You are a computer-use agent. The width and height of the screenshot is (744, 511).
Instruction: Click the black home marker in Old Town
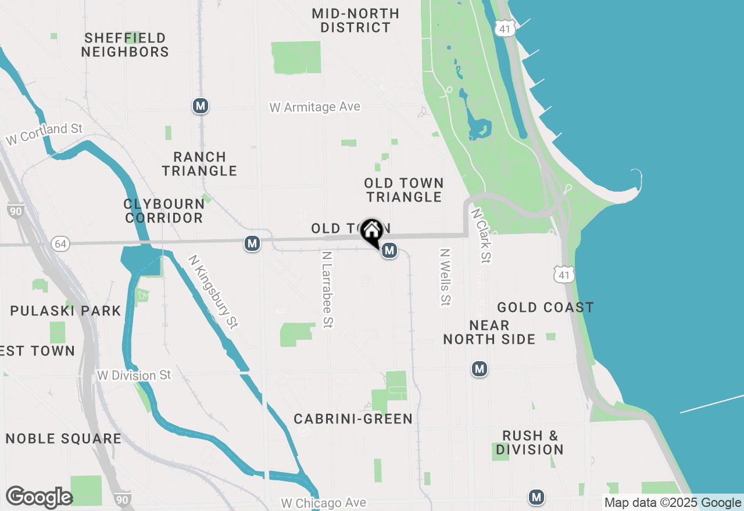tap(371, 232)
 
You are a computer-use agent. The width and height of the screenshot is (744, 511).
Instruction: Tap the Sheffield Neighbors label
tap(125, 45)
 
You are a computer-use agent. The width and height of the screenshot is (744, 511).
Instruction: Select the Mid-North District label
tap(356, 20)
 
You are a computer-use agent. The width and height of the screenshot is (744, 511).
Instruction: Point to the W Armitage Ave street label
tap(314, 107)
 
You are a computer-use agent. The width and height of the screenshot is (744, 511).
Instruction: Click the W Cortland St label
tap(45, 134)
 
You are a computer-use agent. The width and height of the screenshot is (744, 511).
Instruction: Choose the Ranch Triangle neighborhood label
tap(199, 164)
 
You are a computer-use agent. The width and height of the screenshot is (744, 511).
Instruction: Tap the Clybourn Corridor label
tap(164, 211)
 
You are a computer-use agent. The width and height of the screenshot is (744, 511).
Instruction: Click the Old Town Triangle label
tap(404, 190)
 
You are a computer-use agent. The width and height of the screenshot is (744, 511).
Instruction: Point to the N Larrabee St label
tap(327, 289)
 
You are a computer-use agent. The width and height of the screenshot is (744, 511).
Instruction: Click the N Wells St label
tap(446, 278)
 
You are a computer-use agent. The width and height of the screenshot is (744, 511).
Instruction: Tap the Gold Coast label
tap(545, 308)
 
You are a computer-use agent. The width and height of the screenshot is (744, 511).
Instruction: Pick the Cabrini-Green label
tap(353, 419)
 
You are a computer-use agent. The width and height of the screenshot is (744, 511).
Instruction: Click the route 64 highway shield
tap(60, 244)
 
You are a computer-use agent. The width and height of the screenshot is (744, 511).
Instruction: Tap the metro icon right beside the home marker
tap(390, 251)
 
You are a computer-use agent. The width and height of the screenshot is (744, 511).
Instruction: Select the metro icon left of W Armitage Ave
tap(201, 106)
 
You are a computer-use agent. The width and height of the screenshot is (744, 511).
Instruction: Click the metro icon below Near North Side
tap(480, 369)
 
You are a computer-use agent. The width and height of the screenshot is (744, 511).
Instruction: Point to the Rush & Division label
tap(530, 442)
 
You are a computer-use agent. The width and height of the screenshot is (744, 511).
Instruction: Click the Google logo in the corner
tap(39, 498)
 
